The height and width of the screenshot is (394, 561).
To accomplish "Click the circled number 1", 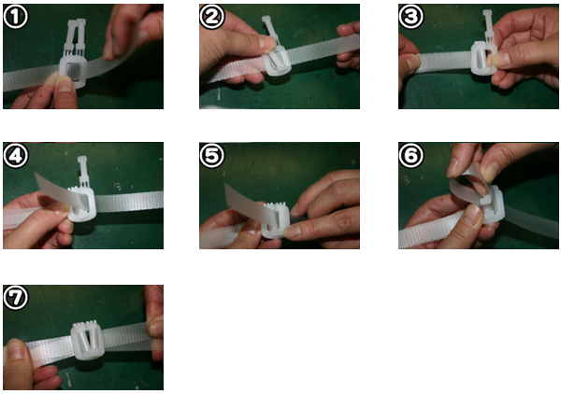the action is tap(15, 17).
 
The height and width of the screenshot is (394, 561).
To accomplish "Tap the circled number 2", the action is tap(211, 17).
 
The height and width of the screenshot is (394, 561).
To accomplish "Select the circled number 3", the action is tap(410, 17).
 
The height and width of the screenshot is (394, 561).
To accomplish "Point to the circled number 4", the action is tap(15, 156).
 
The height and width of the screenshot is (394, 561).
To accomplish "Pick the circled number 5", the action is tap(211, 156).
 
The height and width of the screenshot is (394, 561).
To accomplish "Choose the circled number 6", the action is tap(410, 156).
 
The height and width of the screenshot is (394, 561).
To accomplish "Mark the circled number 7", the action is tap(15, 298).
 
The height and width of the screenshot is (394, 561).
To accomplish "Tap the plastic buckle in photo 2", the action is tap(274, 53).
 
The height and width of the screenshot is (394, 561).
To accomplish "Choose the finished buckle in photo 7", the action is tap(88, 342).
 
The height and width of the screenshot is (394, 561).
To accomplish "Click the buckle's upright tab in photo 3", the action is tap(488, 26).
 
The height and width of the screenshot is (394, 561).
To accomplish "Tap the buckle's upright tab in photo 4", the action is tap(82, 171).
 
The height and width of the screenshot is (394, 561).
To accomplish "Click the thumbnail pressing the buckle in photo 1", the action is tap(65, 84).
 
